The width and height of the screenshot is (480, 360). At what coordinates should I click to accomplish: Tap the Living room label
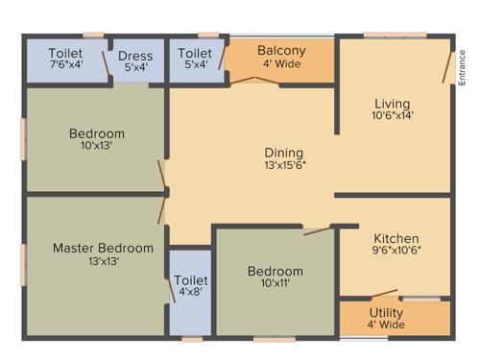pyautogui.click(x=392, y=104)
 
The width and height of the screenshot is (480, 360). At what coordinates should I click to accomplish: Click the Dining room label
pyautogui.click(x=284, y=153)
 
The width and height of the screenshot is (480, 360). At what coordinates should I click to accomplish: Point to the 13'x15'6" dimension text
pyautogui.click(x=284, y=165)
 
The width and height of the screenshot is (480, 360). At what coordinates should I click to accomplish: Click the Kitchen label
pyautogui.click(x=396, y=238)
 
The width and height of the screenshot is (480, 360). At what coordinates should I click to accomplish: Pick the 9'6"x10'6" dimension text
pyautogui.click(x=396, y=252)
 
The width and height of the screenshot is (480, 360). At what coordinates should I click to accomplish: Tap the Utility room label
pyautogui.click(x=387, y=313)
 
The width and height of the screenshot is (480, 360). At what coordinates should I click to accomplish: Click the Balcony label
pyautogui.click(x=281, y=51)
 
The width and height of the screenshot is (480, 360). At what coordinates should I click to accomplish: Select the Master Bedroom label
pyautogui.click(x=103, y=248)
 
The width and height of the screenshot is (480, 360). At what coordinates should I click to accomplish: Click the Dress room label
pyautogui.click(x=135, y=56)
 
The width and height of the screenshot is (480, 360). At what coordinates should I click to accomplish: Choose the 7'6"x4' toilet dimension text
pyautogui.click(x=66, y=66)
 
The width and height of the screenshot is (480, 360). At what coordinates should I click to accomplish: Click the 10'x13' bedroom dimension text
pyautogui.click(x=96, y=146)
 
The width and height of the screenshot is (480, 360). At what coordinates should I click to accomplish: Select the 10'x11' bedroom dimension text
pyautogui.click(x=275, y=284)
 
